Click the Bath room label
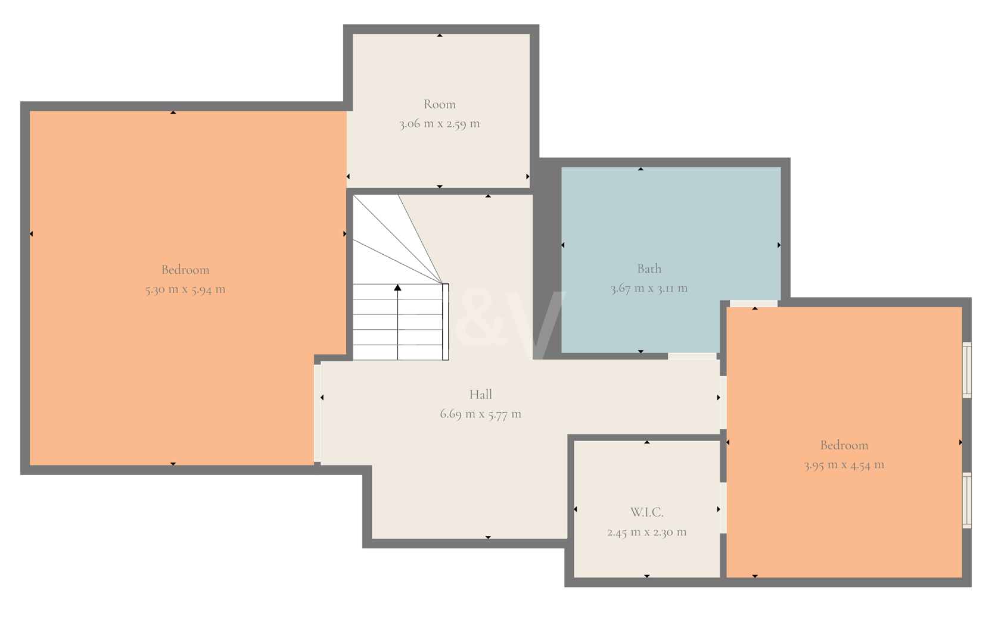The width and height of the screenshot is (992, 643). pos(649,269)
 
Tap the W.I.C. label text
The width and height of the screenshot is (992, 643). pos(646,513)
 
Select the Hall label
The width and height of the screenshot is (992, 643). pos(480,394)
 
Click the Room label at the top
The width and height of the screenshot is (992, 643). pos(439,104)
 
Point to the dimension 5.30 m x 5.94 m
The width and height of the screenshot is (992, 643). pos(185,289)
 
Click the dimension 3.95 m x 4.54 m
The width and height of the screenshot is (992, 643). pos(844,464)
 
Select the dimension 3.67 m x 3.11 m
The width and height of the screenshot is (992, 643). pos(649,288)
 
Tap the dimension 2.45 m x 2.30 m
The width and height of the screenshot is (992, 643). pos(646,532)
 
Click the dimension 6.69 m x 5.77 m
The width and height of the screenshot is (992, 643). pos(480,414)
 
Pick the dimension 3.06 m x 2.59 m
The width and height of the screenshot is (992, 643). pos(439,123)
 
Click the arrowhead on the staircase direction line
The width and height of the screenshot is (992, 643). pos(397,288)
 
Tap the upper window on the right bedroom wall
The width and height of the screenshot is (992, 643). pos(967,370)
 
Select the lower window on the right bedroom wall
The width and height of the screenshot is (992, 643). pos(967,501)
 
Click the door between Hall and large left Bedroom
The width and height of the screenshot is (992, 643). pos(317,413)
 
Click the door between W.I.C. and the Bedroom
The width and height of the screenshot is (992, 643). pos(723,508)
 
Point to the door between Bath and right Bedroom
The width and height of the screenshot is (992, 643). pos(754,304)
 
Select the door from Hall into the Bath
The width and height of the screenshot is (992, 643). pos(692,356)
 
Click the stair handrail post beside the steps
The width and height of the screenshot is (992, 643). pos(446,321)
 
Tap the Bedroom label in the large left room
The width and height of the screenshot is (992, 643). pos(185,270)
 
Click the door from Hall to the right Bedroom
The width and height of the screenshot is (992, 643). pos(723,402)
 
